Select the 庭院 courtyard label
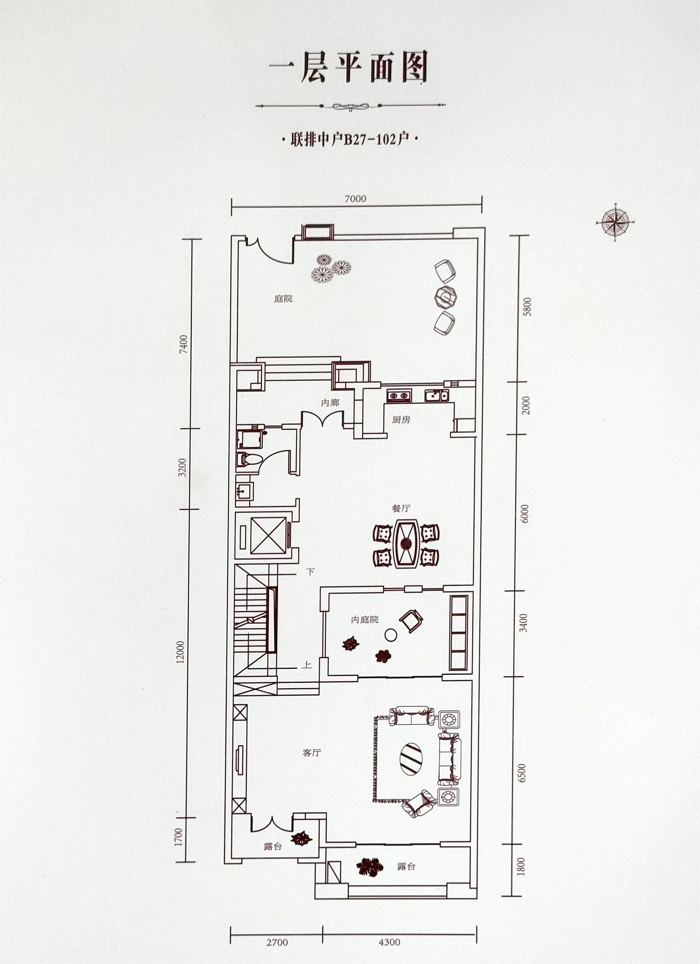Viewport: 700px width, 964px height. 283,299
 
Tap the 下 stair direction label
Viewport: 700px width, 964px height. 310,572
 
